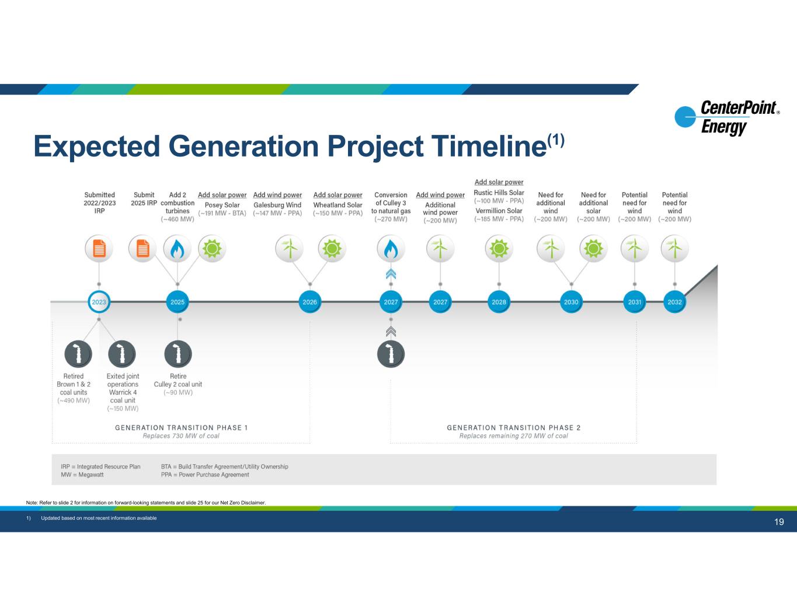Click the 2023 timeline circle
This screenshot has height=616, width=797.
[x=99, y=302]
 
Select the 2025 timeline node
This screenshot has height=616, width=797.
[x=178, y=302]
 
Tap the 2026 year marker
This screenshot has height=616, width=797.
[x=309, y=302]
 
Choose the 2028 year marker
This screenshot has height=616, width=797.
[x=499, y=302]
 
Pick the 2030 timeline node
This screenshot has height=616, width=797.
[x=571, y=302]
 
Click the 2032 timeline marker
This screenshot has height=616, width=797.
[x=674, y=302]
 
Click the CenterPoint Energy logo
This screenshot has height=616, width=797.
[x=727, y=117]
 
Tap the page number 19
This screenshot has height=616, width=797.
[x=779, y=522]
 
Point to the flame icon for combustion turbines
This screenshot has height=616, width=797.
[x=178, y=249]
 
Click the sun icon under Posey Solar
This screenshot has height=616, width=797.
[x=211, y=249]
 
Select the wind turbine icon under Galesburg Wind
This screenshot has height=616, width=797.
[x=289, y=249]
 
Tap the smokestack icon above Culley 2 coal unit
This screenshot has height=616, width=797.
[x=178, y=354]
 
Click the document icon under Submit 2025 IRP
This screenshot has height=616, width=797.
[x=142, y=249]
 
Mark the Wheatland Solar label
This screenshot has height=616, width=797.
[x=337, y=205]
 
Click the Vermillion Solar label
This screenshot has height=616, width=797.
[x=499, y=211]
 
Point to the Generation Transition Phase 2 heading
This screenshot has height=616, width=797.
[x=513, y=427]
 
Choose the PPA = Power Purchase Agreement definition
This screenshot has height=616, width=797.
[x=205, y=475]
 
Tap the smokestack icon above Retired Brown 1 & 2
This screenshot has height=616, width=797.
[x=78, y=354]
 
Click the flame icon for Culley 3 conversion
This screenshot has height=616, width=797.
[x=391, y=249]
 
